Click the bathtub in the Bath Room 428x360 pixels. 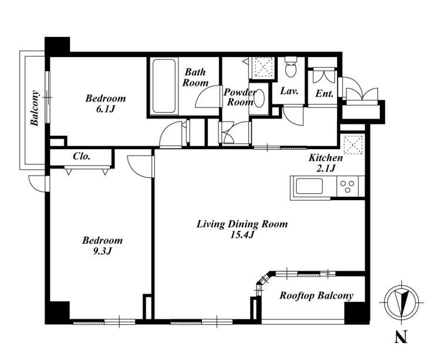tap(164, 86)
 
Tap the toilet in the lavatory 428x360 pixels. tap(291, 67)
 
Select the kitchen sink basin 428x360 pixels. tap(309, 186)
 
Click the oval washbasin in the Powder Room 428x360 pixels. tap(259, 98)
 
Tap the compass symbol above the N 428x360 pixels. tap(400, 302)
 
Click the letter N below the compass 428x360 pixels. tap(401, 337)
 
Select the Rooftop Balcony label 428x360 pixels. tap(316, 296)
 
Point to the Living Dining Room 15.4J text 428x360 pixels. tap(242, 229)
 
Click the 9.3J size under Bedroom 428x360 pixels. tap(103, 251)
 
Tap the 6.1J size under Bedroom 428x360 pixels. tap(106, 109)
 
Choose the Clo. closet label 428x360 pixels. tap(82, 156)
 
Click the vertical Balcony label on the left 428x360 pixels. tap(35, 108)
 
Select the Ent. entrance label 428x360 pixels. tap(325, 94)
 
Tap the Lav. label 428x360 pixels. tap(289, 90)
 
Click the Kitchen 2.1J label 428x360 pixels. tap(326, 163)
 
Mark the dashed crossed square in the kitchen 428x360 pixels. tap(352, 144)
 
